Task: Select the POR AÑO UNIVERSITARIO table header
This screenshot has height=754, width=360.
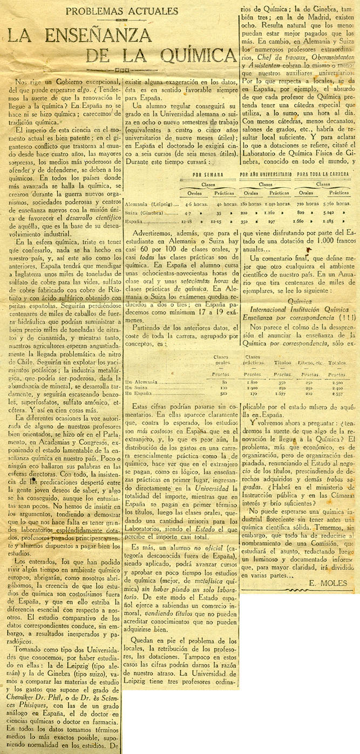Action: [x=266, y=174]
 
